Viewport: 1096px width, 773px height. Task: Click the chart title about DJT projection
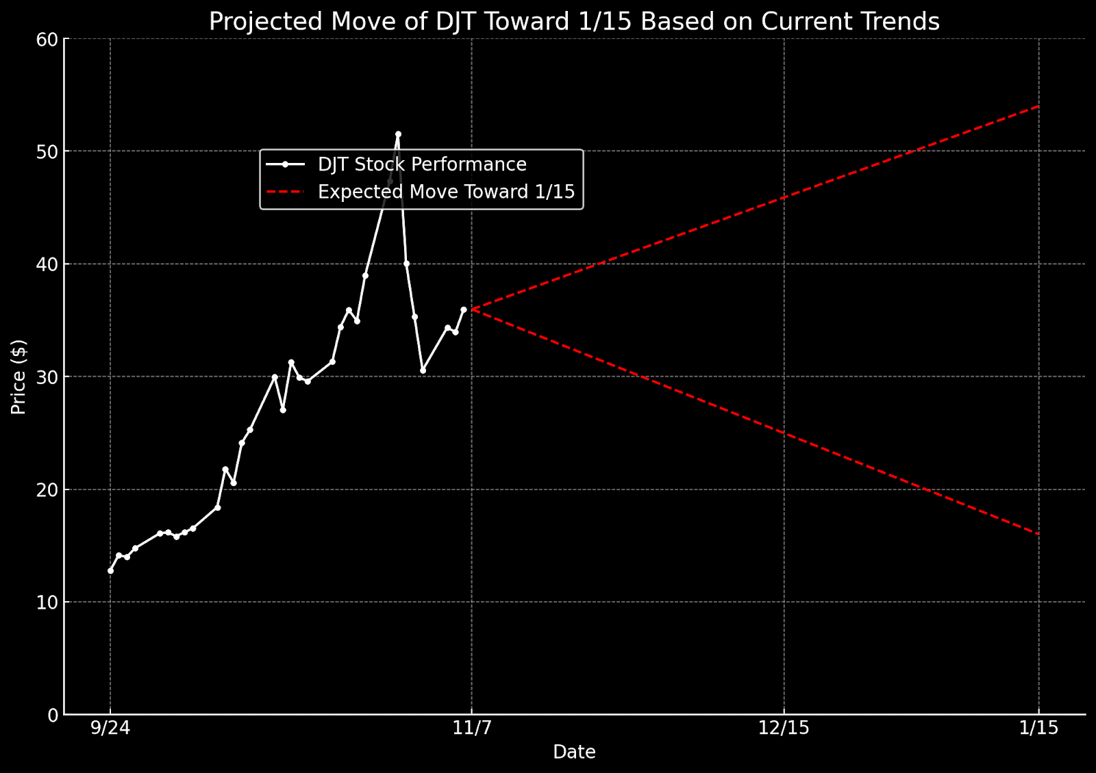574,22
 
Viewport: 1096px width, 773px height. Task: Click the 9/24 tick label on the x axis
110,728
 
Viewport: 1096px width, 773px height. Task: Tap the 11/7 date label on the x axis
472,728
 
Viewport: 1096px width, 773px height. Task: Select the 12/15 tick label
784,728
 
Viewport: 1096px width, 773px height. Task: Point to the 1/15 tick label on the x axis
1039,728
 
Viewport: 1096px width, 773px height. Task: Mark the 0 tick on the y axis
52,715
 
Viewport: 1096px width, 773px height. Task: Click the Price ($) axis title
18,377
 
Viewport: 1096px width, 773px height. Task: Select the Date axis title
574,752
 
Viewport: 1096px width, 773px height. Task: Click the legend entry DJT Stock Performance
422,165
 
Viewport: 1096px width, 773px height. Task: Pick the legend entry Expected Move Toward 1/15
446,192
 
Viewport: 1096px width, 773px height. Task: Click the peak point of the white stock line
398,134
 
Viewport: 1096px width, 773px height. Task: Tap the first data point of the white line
110,570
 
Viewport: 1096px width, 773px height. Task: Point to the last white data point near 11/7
464,309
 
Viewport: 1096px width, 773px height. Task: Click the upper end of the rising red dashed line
1039,106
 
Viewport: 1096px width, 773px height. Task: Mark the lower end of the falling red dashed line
1039,534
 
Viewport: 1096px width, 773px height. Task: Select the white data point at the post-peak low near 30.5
423,370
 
